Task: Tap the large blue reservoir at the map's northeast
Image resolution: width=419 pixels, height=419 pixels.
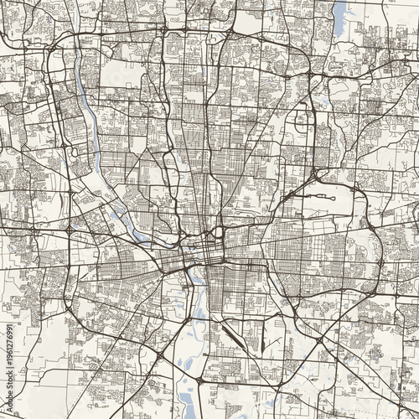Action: point(340,18)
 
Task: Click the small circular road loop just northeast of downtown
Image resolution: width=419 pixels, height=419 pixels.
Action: point(219,230)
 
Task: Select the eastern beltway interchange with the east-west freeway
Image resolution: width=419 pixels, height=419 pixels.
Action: point(371,226)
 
